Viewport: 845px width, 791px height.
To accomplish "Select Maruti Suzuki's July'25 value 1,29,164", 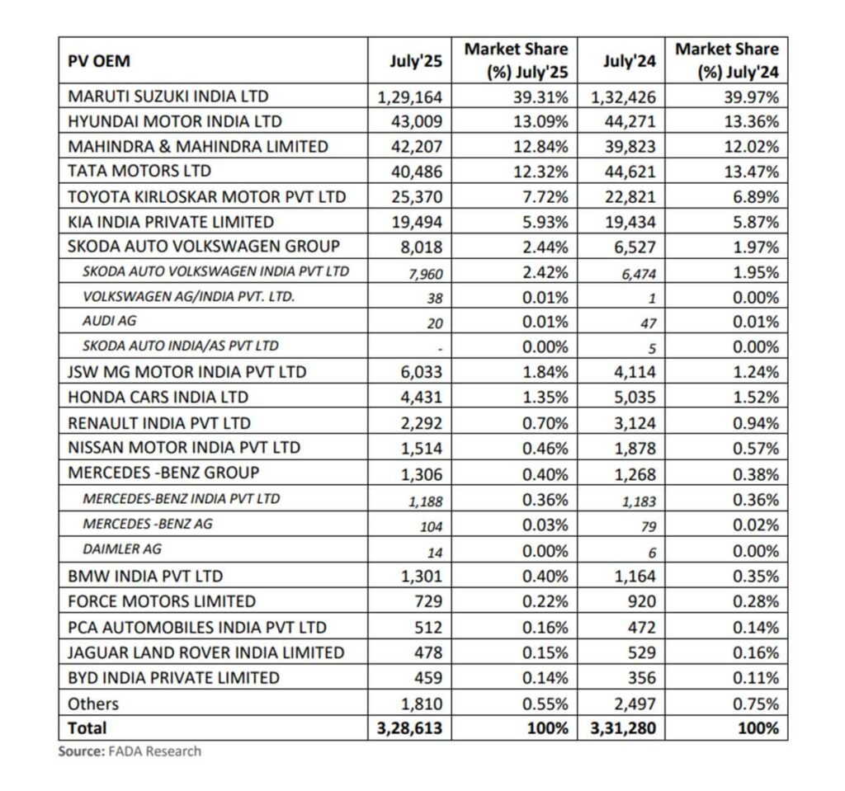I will coord(410,97).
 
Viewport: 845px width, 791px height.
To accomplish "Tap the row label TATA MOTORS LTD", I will coord(139,172).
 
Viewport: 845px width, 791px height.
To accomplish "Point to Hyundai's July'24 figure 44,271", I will coord(623,122).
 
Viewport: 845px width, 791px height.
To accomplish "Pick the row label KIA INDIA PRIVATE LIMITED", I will coord(171,222).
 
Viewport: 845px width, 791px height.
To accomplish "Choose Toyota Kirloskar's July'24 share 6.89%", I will coord(755,197).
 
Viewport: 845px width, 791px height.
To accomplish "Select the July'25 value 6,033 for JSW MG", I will coord(421,372).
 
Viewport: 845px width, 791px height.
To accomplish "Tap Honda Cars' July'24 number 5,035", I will coord(633,398).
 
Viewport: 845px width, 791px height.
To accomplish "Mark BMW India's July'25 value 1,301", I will coord(421,576).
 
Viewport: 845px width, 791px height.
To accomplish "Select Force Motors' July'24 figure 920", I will coord(640,601).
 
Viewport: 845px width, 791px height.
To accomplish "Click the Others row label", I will coord(93,704).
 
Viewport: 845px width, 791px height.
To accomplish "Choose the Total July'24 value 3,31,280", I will coord(623,728).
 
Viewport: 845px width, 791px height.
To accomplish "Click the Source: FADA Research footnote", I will coord(130,751).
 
